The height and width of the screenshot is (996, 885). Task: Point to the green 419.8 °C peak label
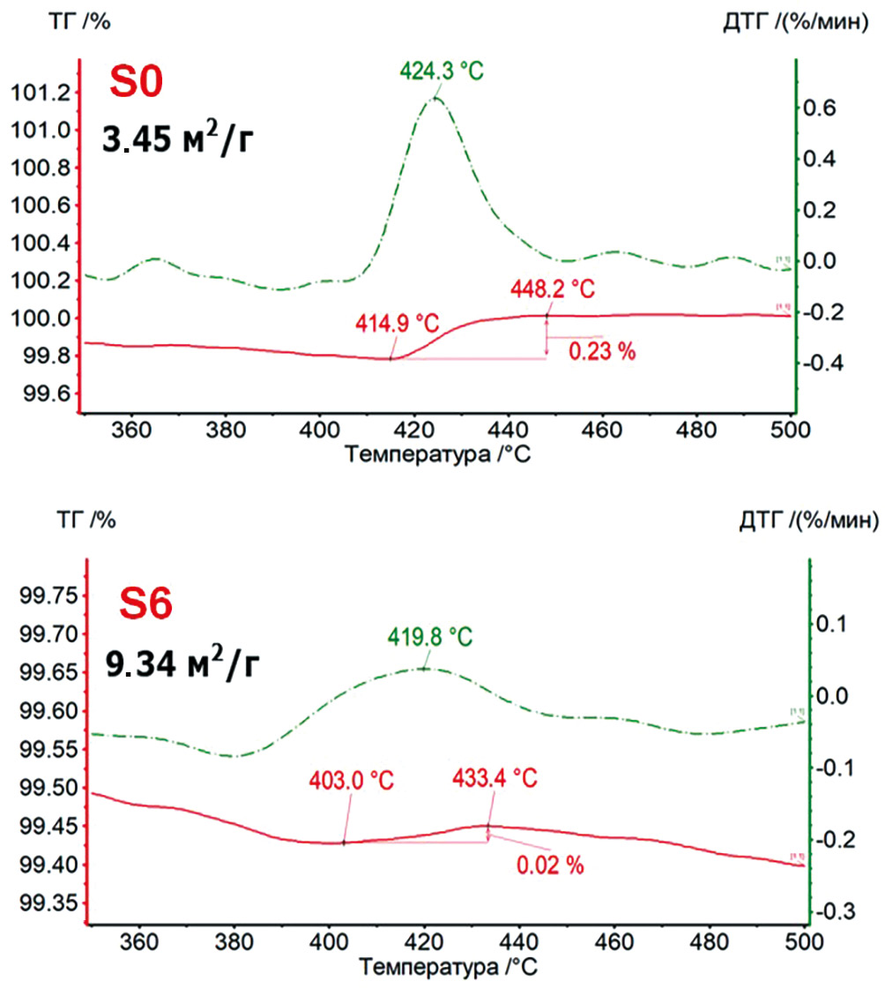click(x=429, y=636)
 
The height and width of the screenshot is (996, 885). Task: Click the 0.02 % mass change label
click(x=550, y=865)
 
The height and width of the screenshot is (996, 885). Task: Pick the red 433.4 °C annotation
click(x=495, y=779)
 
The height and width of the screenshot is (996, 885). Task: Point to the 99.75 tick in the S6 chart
click(x=44, y=595)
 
